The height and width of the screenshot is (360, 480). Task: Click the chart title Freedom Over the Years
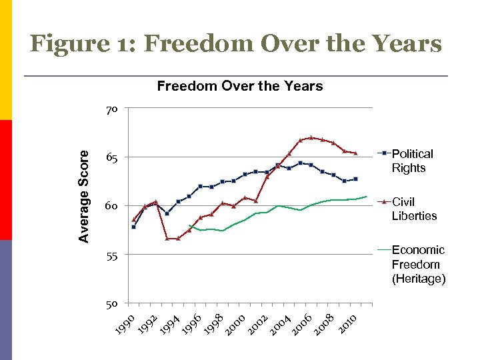pyautogui.click(x=239, y=86)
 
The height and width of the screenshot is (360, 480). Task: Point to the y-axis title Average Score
pyautogui.click(x=84, y=195)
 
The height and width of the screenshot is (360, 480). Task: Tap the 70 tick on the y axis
pyautogui.click(x=111, y=109)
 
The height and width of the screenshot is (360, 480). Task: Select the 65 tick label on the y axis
pyautogui.click(x=111, y=158)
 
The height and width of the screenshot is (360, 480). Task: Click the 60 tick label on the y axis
pyautogui.click(x=111, y=207)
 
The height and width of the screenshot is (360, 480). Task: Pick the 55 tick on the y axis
pyautogui.click(x=111, y=255)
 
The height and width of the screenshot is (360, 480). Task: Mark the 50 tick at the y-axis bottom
pyautogui.click(x=111, y=304)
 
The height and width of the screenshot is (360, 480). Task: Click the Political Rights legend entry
pyautogui.click(x=412, y=161)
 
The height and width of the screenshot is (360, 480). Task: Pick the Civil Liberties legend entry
pyautogui.click(x=414, y=209)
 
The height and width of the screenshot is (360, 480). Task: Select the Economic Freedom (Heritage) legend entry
pyautogui.click(x=418, y=264)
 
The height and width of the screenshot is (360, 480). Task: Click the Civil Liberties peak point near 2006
pyautogui.click(x=311, y=137)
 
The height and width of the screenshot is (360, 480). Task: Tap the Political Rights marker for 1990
pyautogui.click(x=133, y=227)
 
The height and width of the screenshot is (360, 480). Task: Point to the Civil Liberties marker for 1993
pyautogui.click(x=167, y=238)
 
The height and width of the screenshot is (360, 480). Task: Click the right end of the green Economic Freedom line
pyautogui.click(x=367, y=196)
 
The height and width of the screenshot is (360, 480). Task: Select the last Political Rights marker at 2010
pyautogui.click(x=356, y=179)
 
